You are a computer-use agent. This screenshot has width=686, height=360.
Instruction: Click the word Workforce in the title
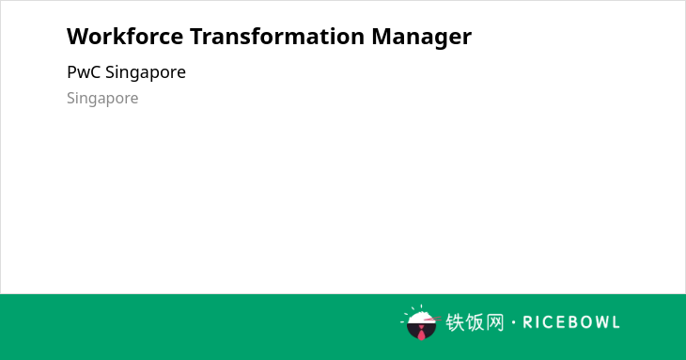(125, 37)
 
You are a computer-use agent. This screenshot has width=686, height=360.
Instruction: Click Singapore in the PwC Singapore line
(146, 73)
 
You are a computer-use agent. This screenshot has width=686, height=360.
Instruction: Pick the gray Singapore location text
(102, 99)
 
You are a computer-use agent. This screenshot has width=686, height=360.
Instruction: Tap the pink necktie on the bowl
(421, 334)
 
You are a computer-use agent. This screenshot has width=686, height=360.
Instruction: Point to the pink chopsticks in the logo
(432, 320)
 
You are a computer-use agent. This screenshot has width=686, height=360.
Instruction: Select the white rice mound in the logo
(420, 318)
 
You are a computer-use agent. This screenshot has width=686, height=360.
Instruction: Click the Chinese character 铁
(455, 322)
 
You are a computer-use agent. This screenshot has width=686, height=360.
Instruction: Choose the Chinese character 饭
(475, 322)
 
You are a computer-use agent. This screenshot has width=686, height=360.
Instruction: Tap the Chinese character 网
(495, 322)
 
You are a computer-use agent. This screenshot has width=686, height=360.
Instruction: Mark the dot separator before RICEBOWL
(514, 322)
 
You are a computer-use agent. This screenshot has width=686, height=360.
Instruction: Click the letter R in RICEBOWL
(527, 322)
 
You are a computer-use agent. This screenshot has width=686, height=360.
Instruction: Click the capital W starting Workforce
(77, 37)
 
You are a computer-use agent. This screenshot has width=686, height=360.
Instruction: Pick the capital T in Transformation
(197, 37)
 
